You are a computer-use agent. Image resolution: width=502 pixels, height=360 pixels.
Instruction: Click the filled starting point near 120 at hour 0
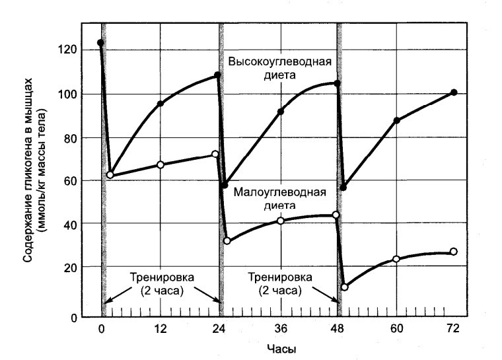coord(100,43)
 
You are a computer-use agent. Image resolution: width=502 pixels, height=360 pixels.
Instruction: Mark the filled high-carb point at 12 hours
coord(160,104)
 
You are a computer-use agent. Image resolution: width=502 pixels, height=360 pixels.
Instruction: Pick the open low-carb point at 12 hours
coord(160,164)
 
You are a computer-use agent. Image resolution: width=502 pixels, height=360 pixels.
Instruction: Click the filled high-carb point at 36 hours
coord(281,112)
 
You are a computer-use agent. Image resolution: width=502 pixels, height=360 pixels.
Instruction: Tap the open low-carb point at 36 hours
coord(281,221)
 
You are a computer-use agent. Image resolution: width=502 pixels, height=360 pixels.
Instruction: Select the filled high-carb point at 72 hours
coord(454,92)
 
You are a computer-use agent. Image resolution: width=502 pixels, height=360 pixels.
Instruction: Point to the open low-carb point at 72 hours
coord(454,252)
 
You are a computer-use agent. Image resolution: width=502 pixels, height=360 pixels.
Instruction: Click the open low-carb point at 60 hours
coord(396,259)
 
